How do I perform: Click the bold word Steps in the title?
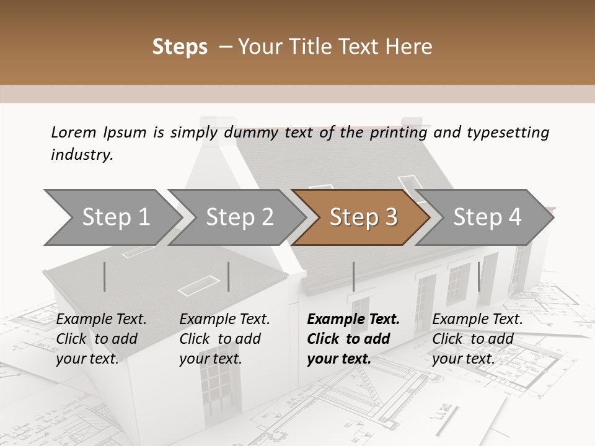[180, 47]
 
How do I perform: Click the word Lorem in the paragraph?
[73, 132]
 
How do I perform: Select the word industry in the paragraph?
[81, 155]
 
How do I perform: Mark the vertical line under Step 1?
[105, 276]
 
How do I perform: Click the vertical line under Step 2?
[229, 276]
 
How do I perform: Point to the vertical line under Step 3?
[353, 276]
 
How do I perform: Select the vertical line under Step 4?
[478, 276]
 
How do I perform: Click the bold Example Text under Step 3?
[353, 320]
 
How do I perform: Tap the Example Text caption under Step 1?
[101, 320]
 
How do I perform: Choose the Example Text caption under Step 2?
[224, 320]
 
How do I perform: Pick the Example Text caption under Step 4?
[477, 320]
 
